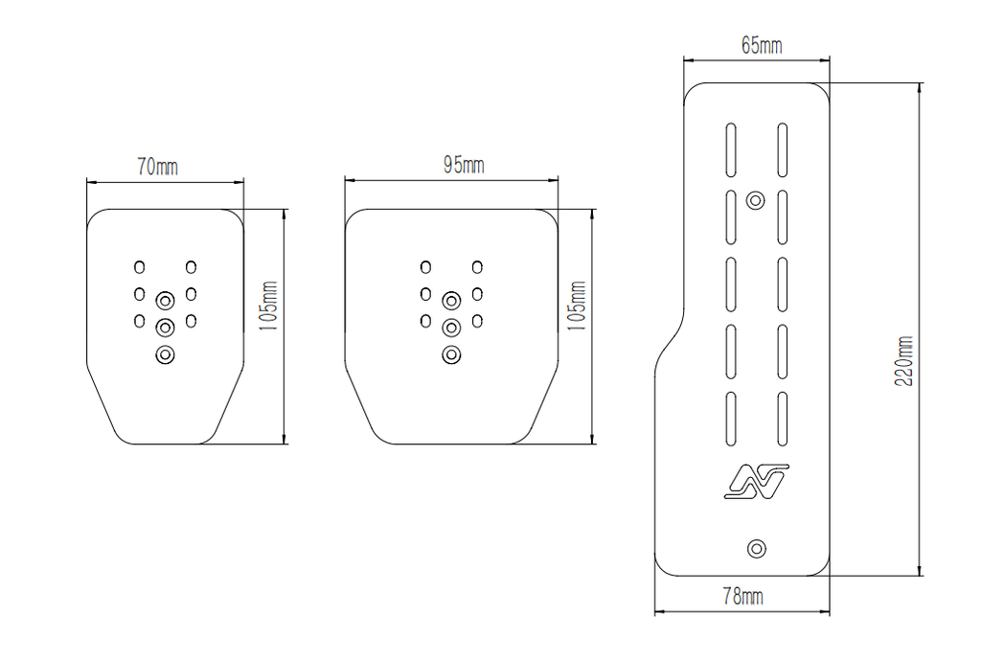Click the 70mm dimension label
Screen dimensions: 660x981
(x=157, y=168)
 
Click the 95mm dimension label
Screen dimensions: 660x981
(x=464, y=166)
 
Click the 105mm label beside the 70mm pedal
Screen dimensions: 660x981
(x=269, y=306)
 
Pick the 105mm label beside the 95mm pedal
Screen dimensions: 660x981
(x=578, y=306)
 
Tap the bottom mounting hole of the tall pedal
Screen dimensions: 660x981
(x=757, y=548)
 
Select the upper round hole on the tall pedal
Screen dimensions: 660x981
(x=756, y=200)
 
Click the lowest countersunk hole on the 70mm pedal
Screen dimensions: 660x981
(x=165, y=355)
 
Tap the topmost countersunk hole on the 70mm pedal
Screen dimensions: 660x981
(x=165, y=300)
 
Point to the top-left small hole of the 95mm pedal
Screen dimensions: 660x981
(x=425, y=266)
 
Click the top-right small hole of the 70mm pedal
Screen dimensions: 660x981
(x=191, y=266)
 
